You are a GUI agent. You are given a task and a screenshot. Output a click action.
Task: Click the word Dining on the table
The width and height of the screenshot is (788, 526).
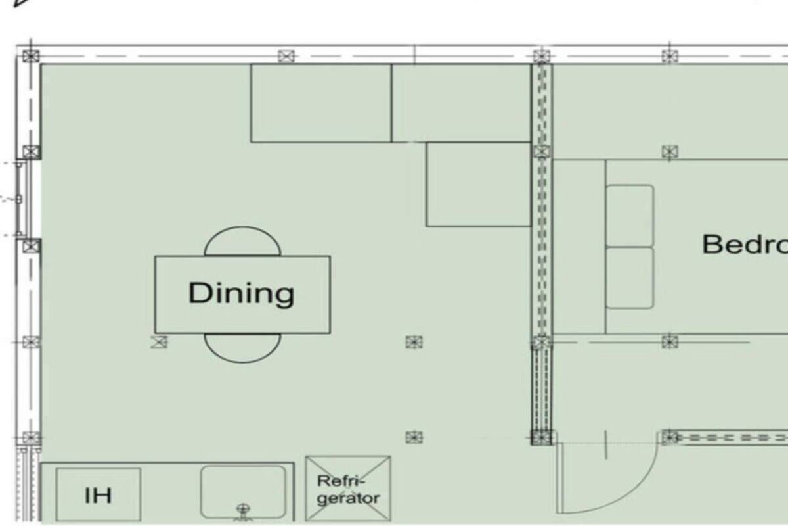pos(241,293)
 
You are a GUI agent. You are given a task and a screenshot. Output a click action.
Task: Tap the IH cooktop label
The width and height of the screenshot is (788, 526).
pos(98,494)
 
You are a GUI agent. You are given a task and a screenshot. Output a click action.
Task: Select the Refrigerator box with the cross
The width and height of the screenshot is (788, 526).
pos(348,490)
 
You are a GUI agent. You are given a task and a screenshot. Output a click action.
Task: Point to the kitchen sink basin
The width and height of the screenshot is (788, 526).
pos(243,490)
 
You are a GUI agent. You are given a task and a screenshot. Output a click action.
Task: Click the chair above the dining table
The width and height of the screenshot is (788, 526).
pos(242,243)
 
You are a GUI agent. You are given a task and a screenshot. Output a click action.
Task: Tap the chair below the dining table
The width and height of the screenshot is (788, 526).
pos(242,347)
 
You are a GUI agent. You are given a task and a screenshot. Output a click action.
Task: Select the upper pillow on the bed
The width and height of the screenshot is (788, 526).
pos(629,216)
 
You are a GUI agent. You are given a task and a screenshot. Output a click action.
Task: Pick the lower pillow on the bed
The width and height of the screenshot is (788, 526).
pos(629,277)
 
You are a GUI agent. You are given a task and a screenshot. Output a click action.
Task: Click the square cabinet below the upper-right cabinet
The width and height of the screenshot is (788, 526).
pos(478,185)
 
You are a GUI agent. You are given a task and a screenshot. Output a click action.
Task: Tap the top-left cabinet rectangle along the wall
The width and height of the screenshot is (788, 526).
pos(320,103)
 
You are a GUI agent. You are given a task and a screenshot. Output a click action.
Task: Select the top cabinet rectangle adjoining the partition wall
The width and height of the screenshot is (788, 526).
pos(461,103)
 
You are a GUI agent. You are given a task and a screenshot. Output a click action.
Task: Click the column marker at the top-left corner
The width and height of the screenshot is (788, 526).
pos(31,56)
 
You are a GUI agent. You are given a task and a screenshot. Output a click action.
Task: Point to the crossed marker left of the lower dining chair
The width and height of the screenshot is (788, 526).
pos(159,342)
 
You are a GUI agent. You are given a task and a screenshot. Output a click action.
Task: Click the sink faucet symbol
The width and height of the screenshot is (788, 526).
pos(244,509)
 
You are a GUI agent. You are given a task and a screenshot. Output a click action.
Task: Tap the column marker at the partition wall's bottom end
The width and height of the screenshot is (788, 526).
pos(541,437)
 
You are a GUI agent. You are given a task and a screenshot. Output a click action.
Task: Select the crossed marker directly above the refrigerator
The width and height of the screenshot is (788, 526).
pos(413,437)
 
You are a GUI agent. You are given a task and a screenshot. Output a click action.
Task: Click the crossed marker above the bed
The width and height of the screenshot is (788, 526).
pos(669,153)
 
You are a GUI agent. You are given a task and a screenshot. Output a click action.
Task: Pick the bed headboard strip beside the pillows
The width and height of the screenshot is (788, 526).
pos(579,247)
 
